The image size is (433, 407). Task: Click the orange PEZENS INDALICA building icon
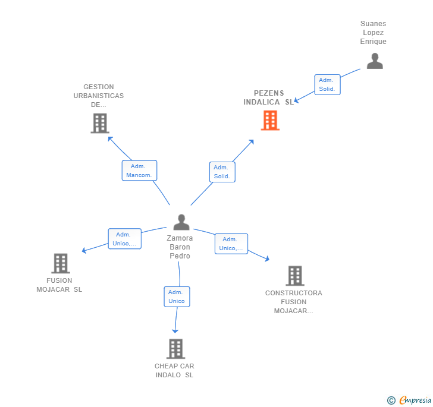pos(270,120)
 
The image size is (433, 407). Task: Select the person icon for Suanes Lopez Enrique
pos(375,61)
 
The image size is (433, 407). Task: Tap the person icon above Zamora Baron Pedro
pos(181,222)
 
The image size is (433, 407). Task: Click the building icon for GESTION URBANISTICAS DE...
pos(100,123)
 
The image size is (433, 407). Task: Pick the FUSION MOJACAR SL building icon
pos(61,263)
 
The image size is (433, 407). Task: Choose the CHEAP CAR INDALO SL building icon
pos(175,349)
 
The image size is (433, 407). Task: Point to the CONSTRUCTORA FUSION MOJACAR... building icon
pos(295,276)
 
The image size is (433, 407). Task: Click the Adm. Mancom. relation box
pos(139,171)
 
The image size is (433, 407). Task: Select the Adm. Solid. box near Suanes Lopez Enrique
pos(327,85)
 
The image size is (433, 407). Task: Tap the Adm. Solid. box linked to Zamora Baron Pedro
pos(222,172)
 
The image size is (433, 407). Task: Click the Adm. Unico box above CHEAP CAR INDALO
pos(177,296)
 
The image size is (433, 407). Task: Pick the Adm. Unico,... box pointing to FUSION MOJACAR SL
pos(124,239)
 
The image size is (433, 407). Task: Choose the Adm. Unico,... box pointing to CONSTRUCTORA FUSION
pos(231,244)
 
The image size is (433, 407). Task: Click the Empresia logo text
pos(415,400)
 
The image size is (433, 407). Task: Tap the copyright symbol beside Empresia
pos(391,400)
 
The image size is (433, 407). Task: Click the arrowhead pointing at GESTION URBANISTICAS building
pos(110,138)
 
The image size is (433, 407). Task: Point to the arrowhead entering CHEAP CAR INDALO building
pos(175,331)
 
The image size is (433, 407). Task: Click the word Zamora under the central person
pos(180,238)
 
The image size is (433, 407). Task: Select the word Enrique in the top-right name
pos(373,42)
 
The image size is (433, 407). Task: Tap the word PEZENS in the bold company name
pos(269,93)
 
